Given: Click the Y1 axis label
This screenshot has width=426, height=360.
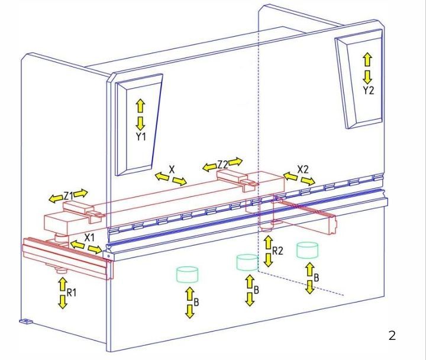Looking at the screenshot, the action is click(x=141, y=137).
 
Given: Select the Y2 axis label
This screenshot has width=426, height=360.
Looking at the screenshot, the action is click(x=369, y=90).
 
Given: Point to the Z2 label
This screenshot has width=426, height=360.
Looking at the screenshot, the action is click(x=222, y=165).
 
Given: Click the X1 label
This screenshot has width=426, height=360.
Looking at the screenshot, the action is click(x=89, y=237).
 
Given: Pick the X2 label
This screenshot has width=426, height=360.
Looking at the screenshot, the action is click(x=303, y=169).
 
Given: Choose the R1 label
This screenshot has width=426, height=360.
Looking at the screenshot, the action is click(x=72, y=292).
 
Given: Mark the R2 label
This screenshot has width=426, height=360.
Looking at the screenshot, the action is click(x=277, y=250).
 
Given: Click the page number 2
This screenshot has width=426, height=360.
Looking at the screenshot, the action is click(x=392, y=336).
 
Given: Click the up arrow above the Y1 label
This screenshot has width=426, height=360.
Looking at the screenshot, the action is click(x=140, y=106).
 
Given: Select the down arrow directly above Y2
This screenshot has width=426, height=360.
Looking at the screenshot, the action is click(x=367, y=77).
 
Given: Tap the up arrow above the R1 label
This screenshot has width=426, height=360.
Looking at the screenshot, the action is click(x=63, y=284).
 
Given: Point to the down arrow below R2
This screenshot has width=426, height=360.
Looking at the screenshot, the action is click(x=269, y=260).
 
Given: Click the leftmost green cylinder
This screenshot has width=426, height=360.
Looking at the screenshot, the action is click(x=187, y=274).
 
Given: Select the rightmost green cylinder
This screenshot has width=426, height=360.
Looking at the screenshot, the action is click(x=307, y=250).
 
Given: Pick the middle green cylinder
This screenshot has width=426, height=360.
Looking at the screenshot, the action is click(x=247, y=262).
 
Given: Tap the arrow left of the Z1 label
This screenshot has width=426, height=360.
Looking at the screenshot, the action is click(x=56, y=199).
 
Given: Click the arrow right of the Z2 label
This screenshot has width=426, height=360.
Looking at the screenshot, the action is click(x=235, y=162).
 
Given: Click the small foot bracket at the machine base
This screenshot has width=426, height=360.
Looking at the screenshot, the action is click(x=26, y=322).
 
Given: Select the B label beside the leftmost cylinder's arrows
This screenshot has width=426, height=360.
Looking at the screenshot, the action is click(x=196, y=303).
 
